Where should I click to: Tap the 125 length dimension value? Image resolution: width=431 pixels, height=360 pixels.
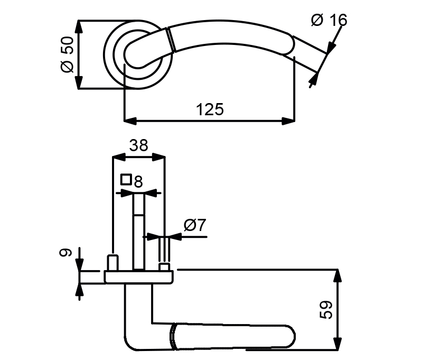[x=210, y=109]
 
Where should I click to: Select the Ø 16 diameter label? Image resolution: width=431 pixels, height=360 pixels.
[x=329, y=20]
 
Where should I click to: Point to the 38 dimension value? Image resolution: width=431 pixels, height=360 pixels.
[x=138, y=145]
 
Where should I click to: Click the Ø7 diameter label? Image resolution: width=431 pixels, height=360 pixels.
[x=195, y=225]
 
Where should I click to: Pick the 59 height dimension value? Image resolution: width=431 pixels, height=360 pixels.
[x=326, y=310]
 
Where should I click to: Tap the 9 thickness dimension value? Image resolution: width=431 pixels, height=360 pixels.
[x=65, y=252]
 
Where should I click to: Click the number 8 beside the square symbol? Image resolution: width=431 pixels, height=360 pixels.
[x=138, y=182]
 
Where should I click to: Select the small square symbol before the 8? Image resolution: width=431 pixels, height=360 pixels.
[x=126, y=180]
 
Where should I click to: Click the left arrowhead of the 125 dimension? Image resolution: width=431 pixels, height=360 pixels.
[x=130, y=121]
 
